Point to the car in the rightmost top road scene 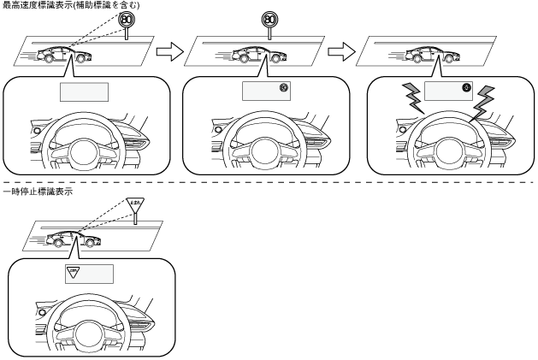[x=429, y=56]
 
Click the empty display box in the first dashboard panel [x=84, y=91]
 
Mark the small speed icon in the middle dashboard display [x=283, y=87]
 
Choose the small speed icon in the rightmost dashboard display [x=466, y=87]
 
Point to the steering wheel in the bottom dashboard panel [x=97, y=325]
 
